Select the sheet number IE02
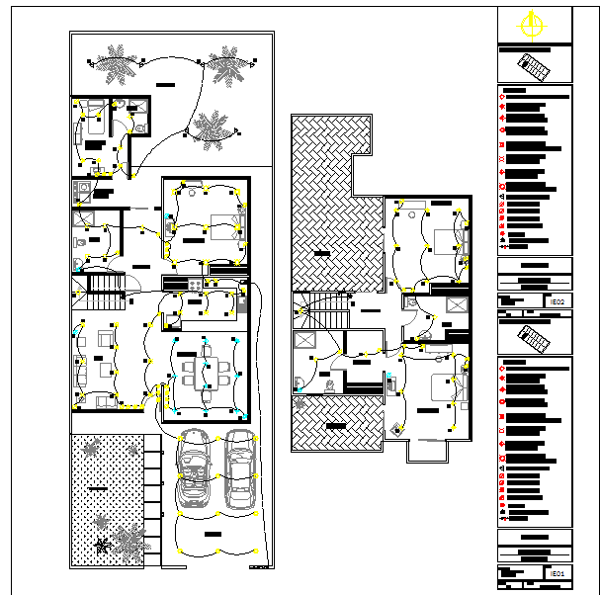pyautogui.click(x=558, y=300)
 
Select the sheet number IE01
pyautogui.click(x=558, y=573)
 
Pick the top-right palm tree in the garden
pyautogui.click(x=225, y=61)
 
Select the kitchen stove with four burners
pyautogui.click(x=191, y=285)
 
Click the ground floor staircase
pyautogui.click(x=104, y=286)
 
